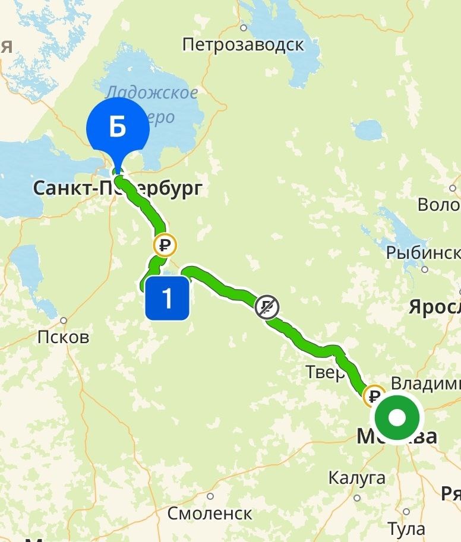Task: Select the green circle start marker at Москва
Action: coord(397,418)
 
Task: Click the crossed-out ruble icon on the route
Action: coord(267,308)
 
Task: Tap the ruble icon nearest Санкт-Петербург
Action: coord(165,245)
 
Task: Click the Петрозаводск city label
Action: coord(243,45)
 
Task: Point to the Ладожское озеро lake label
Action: coord(151,104)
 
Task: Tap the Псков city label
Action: coord(63,337)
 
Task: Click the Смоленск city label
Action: coord(210,513)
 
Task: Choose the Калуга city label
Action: coord(356,477)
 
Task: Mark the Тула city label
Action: coord(406,528)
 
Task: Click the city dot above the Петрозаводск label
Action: coord(244,27)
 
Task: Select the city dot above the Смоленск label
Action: coord(210,496)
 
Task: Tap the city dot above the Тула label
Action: coord(406,511)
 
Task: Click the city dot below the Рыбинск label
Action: coord(425,269)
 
